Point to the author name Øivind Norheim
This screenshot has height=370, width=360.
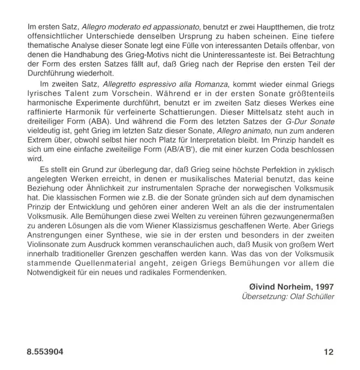click(x=277, y=287)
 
